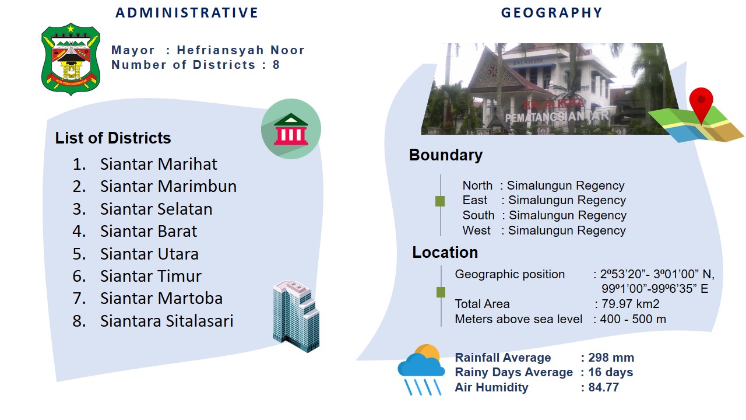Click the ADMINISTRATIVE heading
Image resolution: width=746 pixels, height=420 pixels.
(x=187, y=13)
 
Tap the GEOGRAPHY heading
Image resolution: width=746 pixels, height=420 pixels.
(x=552, y=13)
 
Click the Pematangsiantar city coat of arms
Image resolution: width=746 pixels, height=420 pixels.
(x=71, y=59)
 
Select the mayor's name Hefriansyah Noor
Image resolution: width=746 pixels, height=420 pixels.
(x=241, y=50)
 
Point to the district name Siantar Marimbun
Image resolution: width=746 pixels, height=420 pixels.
(x=168, y=186)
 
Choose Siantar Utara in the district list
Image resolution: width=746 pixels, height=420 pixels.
(x=150, y=254)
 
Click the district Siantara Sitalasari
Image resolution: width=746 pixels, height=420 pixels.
(x=167, y=321)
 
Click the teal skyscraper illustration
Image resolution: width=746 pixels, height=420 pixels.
(x=296, y=316)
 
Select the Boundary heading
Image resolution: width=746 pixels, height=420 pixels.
(x=446, y=155)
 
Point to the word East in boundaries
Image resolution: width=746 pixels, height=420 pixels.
(x=475, y=200)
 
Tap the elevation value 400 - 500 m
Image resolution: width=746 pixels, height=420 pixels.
(x=633, y=319)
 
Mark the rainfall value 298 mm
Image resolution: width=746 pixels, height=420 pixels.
(x=611, y=358)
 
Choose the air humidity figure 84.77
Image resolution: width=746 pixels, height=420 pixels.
(x=603, y=387)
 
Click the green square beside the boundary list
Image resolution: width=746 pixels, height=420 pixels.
(x=440, y=201)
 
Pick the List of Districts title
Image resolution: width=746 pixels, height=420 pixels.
(x=113, y=138)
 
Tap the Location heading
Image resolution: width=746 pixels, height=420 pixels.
(x=445, y=253)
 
